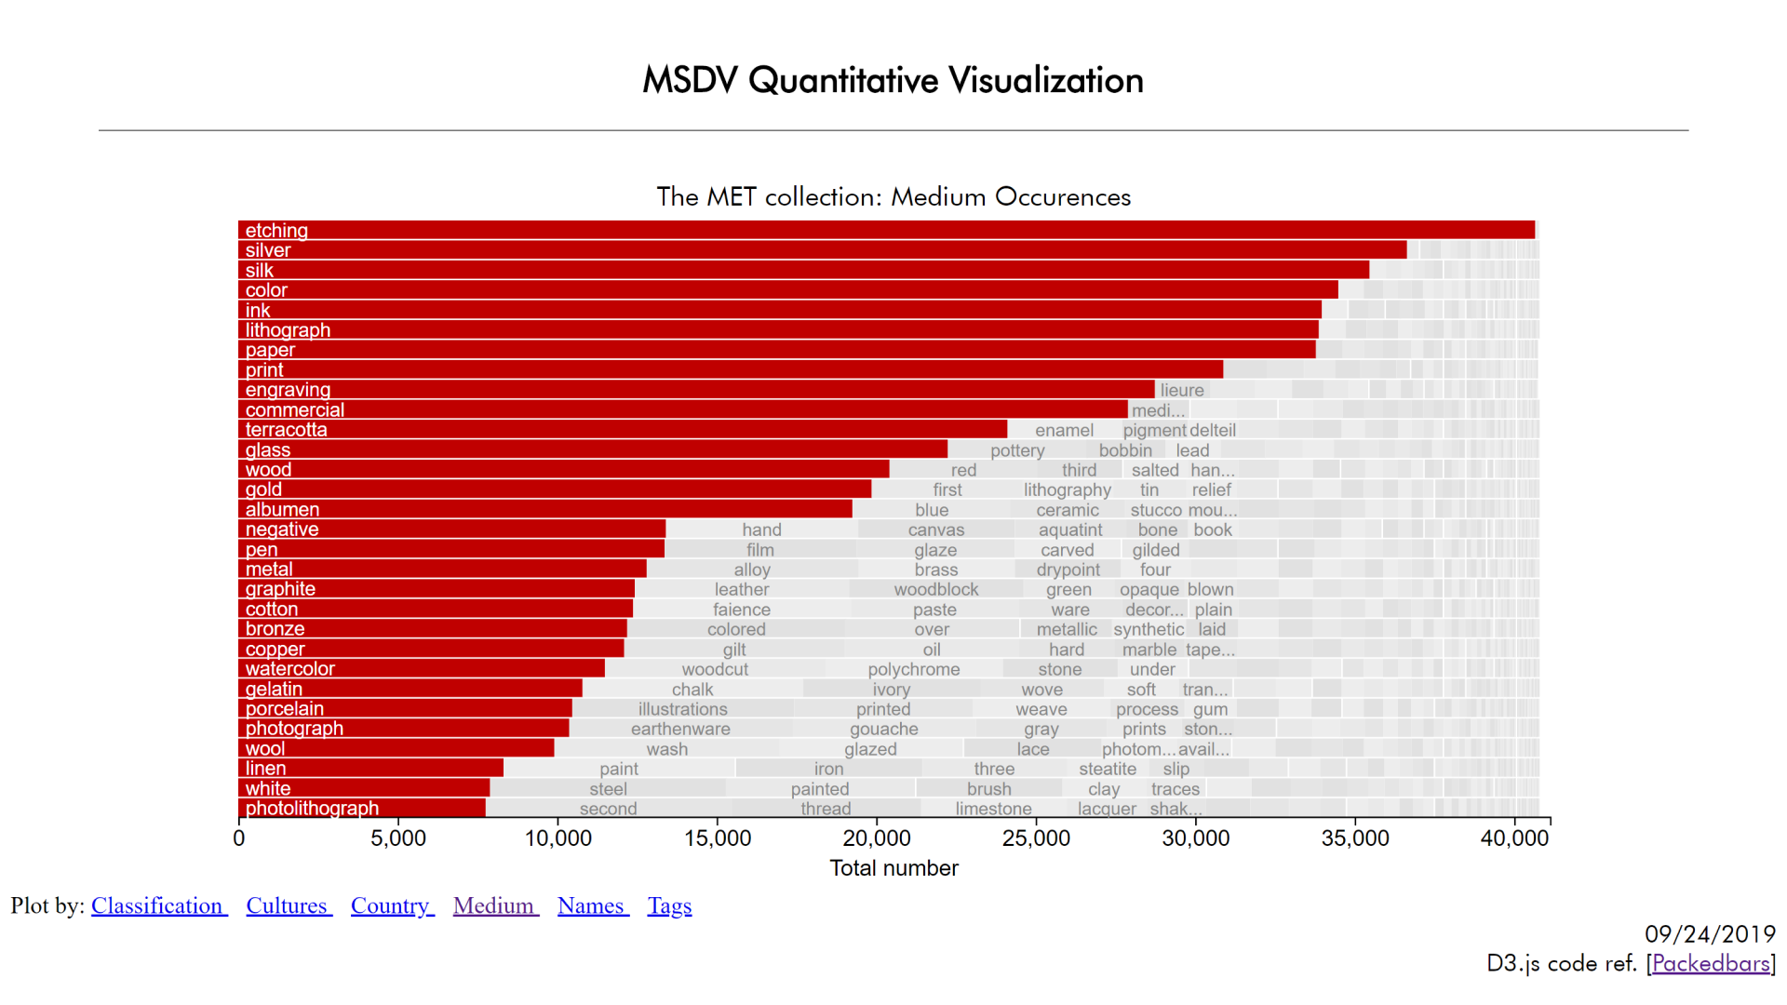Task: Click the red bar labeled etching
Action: click(884, 230)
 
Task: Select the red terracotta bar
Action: click(624, 429)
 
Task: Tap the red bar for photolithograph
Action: click(363, 808)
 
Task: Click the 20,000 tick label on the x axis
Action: click(876, 837)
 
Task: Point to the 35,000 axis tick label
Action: click(1354, 837)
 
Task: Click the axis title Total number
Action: click(893, 868)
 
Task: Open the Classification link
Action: click(158, 905)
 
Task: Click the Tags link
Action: click(669, 905)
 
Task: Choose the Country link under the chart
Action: click(391, 905)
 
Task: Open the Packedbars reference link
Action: click(1711, 963)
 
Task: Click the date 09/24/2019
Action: click(1710, 933)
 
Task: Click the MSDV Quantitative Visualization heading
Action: click(893, 80)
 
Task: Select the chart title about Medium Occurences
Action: click(893, 196)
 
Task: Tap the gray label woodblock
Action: click(935, 589)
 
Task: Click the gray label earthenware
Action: click(680, 729)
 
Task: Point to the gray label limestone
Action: click(993, 809)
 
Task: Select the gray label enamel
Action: click(1064, 430)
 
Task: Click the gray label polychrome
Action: click(913, 669)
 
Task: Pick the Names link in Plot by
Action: click(592, 905)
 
